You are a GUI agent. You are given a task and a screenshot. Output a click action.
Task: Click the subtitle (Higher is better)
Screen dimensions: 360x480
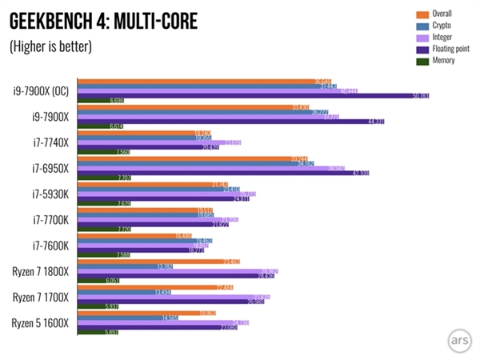(x=50, y=46)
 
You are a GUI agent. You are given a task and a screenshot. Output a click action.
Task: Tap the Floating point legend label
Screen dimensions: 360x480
(x=455, y=48)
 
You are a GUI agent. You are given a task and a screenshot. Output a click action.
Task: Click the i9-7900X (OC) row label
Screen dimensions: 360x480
(x=40, y=90)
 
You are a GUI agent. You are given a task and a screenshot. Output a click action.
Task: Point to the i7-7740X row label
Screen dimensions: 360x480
(x=50, y=142)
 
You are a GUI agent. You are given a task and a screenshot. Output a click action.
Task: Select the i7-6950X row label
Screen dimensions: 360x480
(x=50, y=168)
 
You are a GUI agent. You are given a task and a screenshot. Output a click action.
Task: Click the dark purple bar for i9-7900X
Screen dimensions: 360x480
(x=231, y=122)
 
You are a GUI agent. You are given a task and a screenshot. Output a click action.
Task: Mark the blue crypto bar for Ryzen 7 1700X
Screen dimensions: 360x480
(x=124, y=292)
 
